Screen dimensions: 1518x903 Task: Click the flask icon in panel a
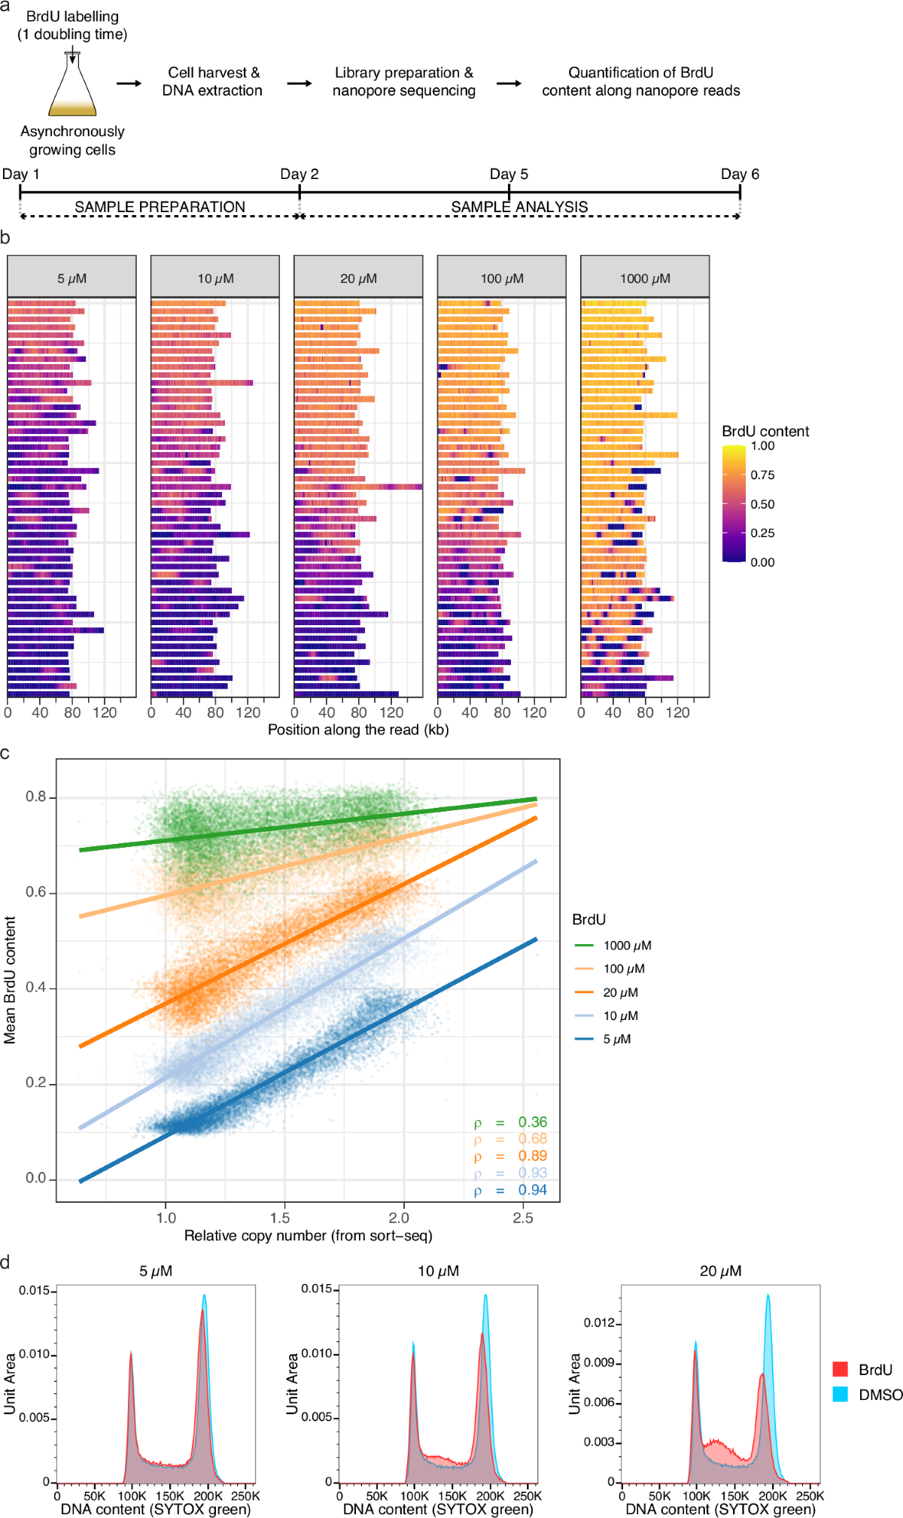[72, 87]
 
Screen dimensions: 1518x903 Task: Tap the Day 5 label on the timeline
[509, 175]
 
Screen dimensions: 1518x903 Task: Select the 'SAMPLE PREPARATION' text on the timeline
[160, 207]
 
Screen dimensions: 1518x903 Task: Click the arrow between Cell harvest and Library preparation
[299, 83]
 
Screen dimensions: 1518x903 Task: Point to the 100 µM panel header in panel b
[502, 278]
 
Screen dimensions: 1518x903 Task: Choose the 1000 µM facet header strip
[645, 278]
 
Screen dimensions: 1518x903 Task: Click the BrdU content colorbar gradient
[734, 504]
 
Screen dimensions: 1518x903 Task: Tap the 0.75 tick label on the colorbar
[762, 475]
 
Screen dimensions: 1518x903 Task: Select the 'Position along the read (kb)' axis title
[358, 730]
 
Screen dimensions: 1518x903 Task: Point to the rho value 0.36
[532, 1122]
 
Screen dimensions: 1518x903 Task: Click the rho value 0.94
[532, 1190]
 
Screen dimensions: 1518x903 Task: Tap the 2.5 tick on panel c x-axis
[523, 1218]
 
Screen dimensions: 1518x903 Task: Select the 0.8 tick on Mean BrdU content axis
[35, 797]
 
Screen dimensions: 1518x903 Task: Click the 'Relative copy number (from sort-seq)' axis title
[309, 1236]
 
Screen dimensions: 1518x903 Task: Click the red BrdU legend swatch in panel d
[841, 1369]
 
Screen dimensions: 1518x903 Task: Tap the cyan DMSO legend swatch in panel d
[841, 1394]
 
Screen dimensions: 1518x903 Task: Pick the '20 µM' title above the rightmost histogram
[720, 1271]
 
